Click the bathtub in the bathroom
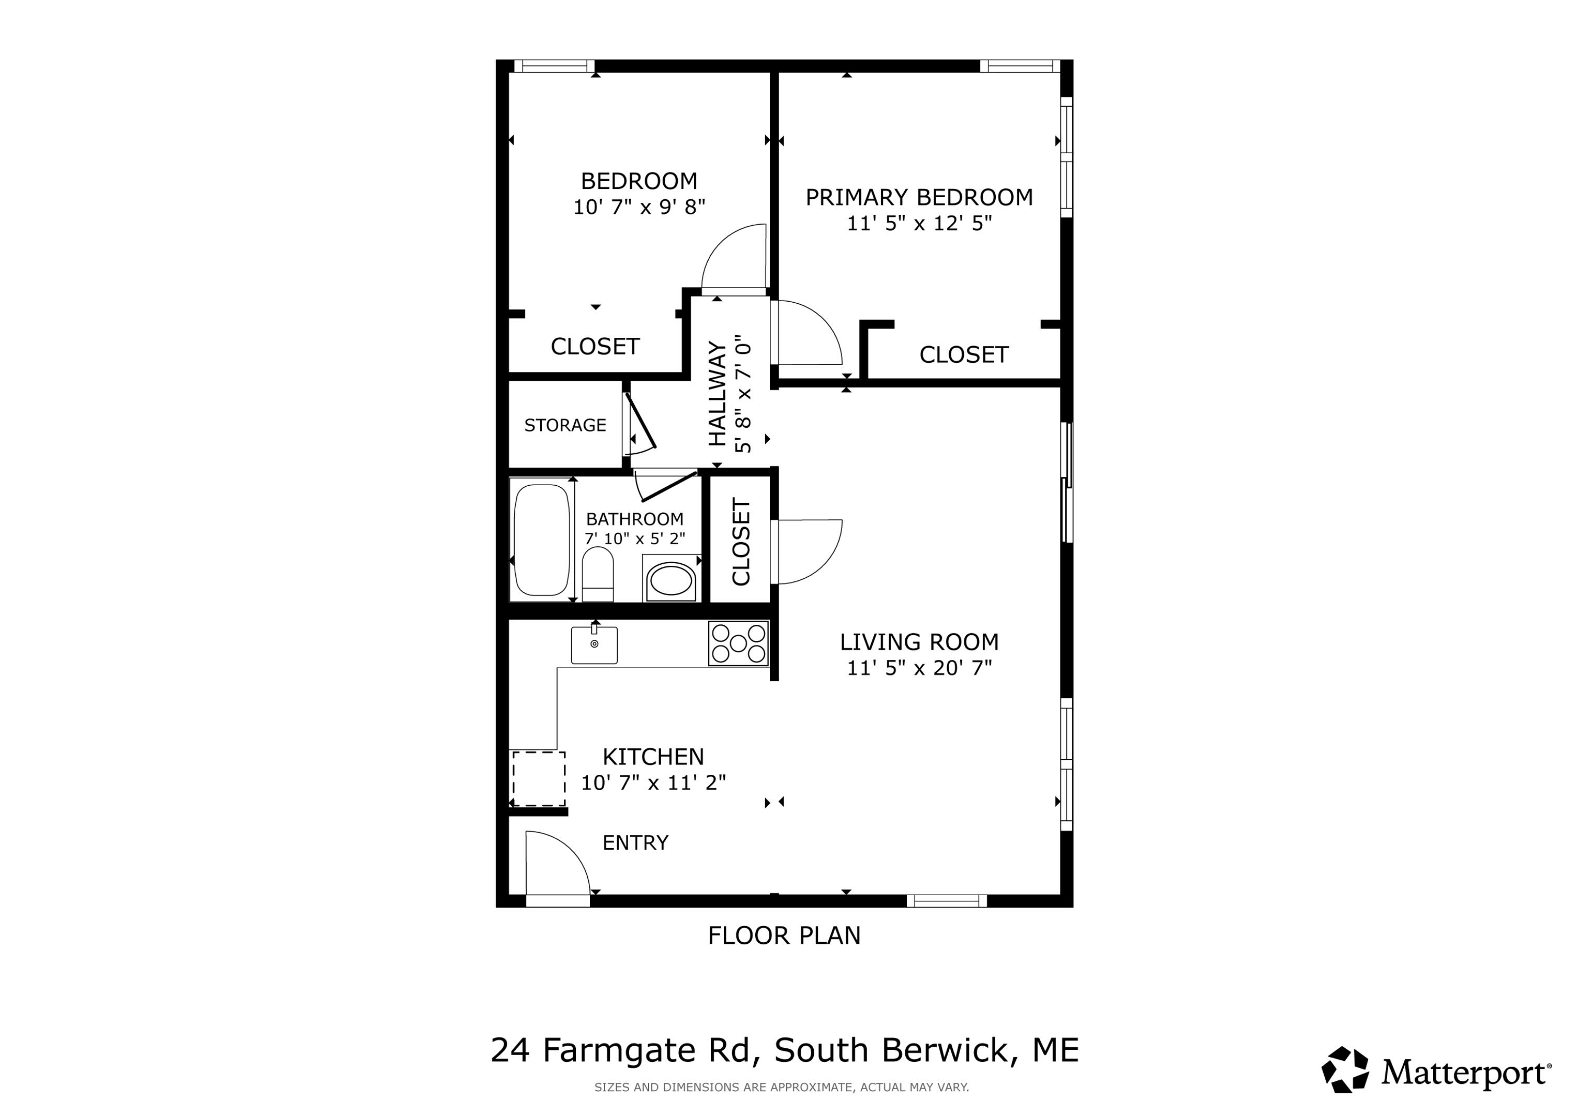[541, 540]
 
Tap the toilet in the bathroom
[597, 574]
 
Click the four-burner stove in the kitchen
[738, 643]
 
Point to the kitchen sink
[594, 644]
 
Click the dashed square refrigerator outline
[539, 779]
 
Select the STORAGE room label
[565, 426]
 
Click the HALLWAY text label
[717, 394]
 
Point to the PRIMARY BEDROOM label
[919, 198]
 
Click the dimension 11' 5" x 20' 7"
[919, 668]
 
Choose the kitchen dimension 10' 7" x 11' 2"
[653, 782]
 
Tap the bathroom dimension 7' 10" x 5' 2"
[635, 539]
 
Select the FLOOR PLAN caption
[784, 935]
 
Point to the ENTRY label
[635, 842]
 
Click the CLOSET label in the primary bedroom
[963, 355]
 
